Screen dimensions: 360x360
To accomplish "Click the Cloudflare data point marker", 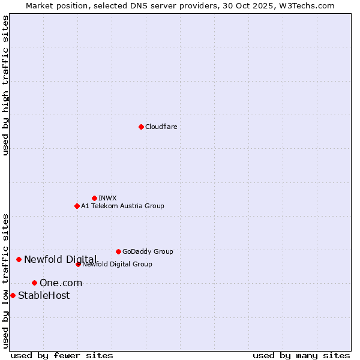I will point(141,127).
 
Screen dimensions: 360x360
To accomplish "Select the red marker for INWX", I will point(94,198).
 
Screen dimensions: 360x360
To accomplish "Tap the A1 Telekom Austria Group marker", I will point(77,206).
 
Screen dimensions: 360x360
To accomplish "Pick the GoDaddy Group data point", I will point(118,251).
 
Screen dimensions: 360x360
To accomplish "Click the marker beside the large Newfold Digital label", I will point(19,259).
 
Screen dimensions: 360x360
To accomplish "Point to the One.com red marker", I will point(34,283).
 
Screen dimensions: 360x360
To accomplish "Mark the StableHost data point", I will point(13,295).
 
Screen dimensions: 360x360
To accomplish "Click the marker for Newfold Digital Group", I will point(78,264).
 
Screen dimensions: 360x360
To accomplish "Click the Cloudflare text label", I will point(161,127).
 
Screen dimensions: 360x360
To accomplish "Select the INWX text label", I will point(107,198).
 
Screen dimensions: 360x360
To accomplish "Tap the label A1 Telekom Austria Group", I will point(122,206).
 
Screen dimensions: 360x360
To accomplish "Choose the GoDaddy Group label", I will point(148,251).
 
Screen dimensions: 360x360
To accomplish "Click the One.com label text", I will point(61,283).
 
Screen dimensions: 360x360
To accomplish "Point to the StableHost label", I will point(44,295).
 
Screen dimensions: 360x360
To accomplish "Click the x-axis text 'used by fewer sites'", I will point(62,355).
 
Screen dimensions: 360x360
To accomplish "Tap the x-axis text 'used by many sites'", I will point(301,355).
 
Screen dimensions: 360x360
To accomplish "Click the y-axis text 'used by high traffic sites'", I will point(6,85).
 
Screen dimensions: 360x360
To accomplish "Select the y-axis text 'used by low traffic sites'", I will point(6,280).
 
